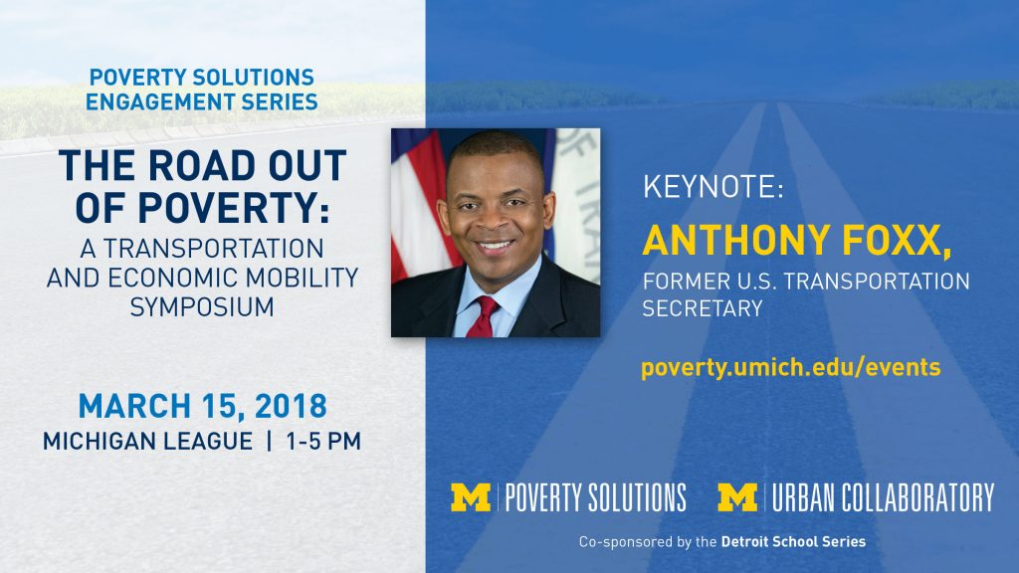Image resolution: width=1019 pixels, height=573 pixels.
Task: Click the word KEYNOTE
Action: point(709,186)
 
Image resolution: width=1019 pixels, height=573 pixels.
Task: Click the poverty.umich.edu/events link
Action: point(791,368)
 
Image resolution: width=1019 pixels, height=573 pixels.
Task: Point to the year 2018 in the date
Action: point(291,407)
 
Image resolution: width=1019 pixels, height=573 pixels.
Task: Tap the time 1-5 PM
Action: point(323,442)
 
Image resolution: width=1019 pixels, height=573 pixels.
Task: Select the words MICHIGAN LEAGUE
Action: point(147,442)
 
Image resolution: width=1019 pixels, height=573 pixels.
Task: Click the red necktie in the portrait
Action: point(482,317)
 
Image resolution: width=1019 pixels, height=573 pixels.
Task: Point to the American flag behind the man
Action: point(419,201)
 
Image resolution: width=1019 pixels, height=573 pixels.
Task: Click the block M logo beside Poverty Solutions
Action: point(471,497)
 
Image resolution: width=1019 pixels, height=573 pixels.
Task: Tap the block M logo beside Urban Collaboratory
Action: point(737,497)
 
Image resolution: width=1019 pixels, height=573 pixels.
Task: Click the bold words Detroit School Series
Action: point(793,542)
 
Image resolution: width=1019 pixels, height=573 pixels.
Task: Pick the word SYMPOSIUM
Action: point(202,306)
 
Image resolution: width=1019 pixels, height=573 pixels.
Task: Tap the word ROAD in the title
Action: point(202,166)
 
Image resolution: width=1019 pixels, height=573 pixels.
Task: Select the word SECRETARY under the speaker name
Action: point(703,308)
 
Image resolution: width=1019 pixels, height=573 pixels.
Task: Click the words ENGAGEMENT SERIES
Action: point(202,102)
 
